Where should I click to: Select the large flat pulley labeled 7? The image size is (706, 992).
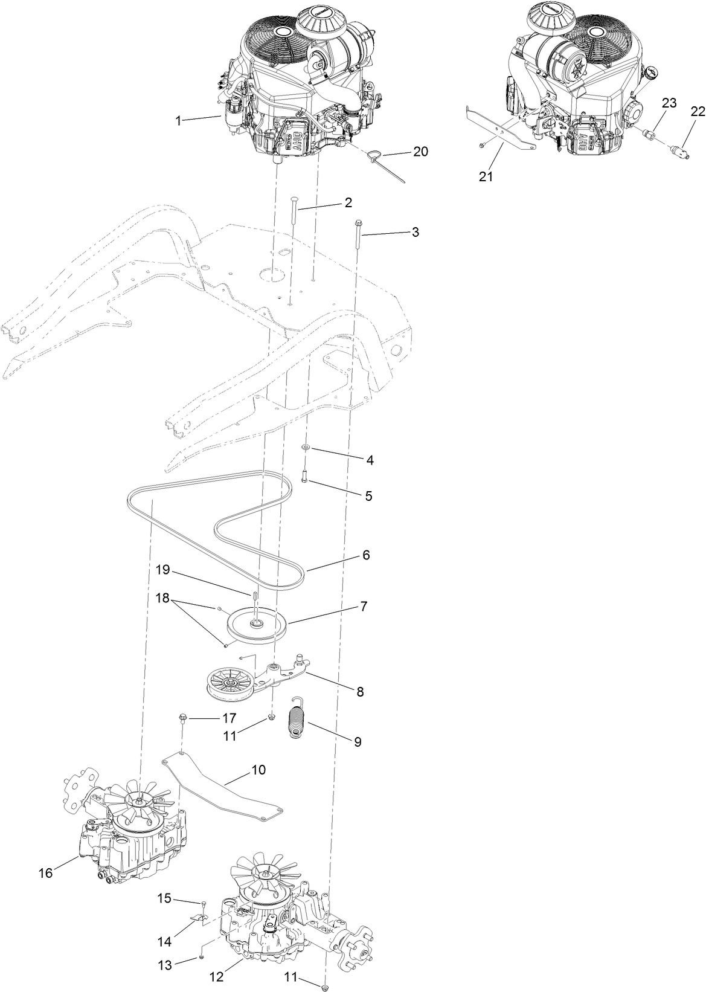point(258,625)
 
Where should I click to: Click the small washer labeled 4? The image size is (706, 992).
point(306,447)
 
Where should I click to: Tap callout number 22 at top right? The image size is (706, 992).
point(698,111)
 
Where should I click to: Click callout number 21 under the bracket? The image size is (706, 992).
point(486,177)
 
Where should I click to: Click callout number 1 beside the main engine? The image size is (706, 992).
point(178,121)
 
